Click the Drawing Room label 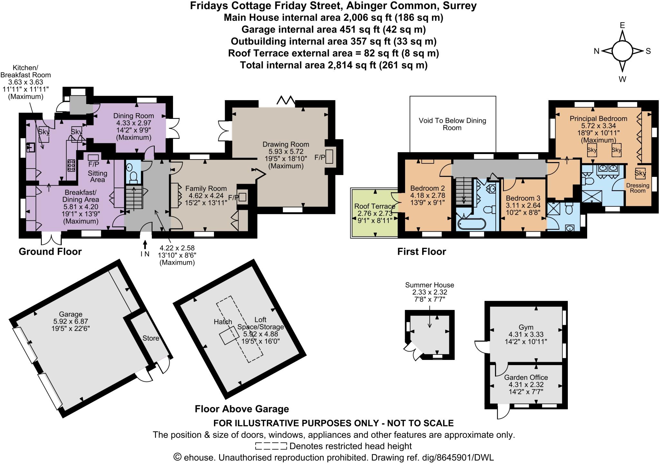pos(286,144)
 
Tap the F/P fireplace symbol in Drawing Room pos(329,157)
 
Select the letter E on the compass pos(622,25)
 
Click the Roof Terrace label pos(374,206)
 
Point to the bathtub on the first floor pos(471,224)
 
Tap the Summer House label pos(429,285)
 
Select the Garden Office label pos(526,377)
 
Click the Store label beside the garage pos(151,338)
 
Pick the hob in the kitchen pos(71,165)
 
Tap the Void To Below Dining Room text pos(452,124)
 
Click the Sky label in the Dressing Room pos(640,173)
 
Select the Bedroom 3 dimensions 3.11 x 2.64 pos(522,205)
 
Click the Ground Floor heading pos(50,252)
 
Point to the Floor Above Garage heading pos(242,409)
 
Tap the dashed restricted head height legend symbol pos(271,446)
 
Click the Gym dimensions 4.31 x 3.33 pos(526,334)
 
